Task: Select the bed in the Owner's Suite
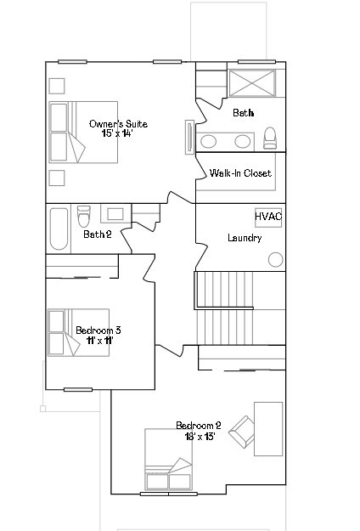(x=67, y=132)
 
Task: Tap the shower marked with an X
(x=251, y=85)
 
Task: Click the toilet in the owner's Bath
(x=270, y=138)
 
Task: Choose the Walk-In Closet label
(x=240, y=173)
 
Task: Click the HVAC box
(x=268, y=217)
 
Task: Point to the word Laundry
(x=245, y=238)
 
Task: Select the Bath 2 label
(x=98, y=234)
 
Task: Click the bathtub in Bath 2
(x=59, y=228)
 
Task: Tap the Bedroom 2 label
(x=199, y=425)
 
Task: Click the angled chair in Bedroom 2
(x=241, y=431)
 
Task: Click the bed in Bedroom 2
(x=168, y=460)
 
